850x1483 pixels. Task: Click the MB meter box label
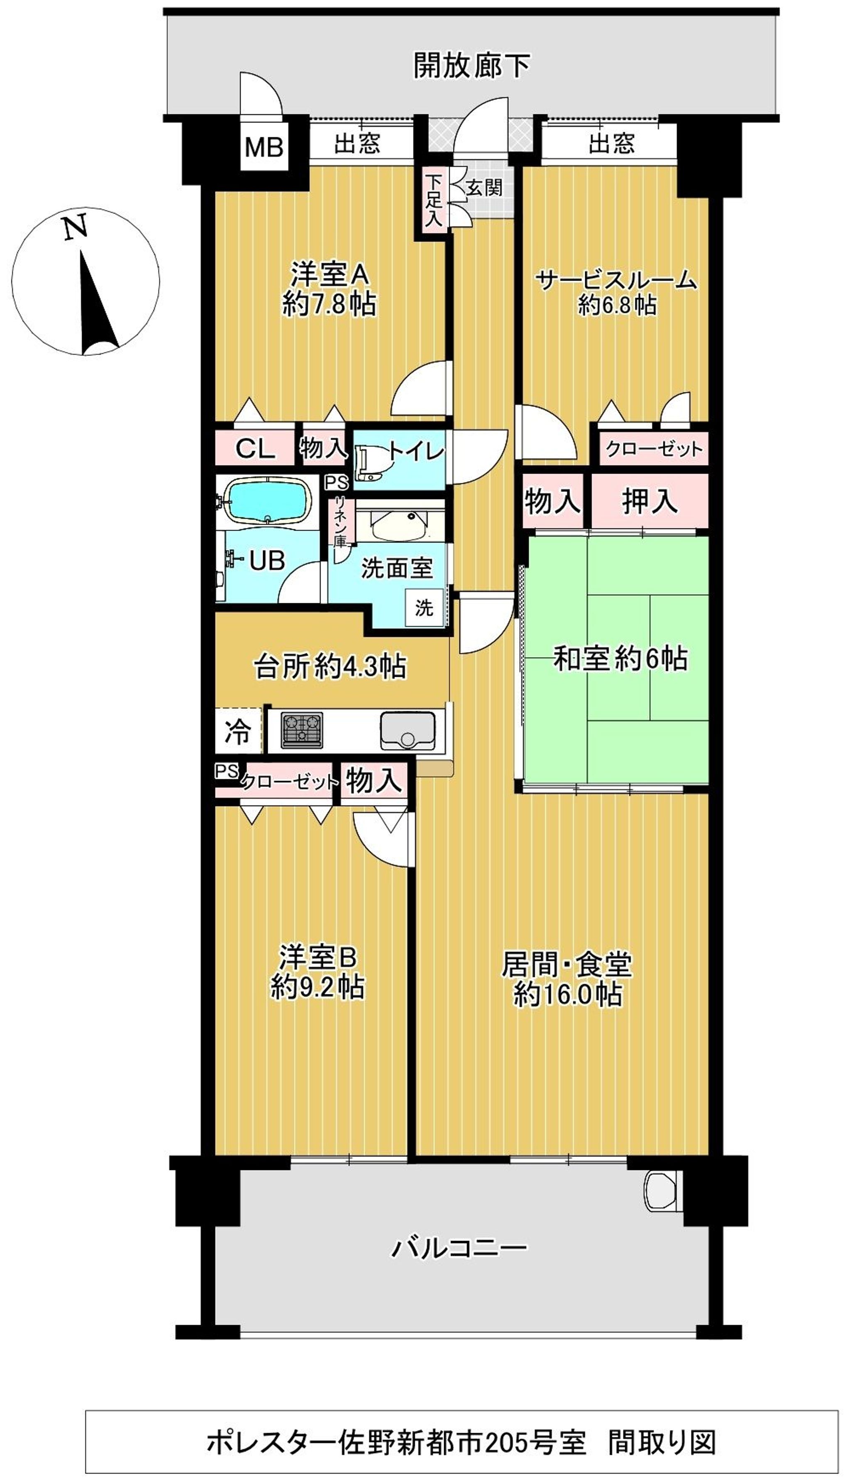pyautogui.click(x=264, y=147)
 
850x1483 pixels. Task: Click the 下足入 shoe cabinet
pyautogui.click(x=432, y=200)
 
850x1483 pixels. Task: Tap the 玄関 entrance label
pyautogui.click(x=484, y=188)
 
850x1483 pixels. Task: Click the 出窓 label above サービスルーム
pyautogui.click(x=611, y=143)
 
